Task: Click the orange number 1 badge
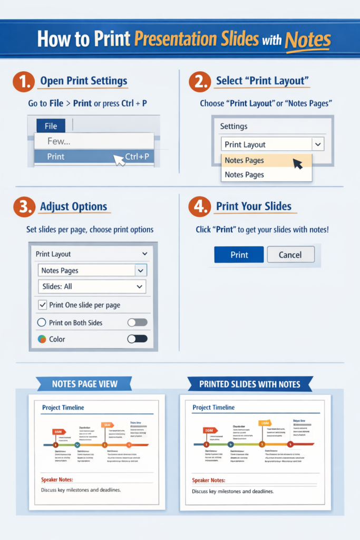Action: click(x=23, y=81)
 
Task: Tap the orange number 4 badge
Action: click(x=199, y=207)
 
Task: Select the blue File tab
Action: click(x=51, y=126)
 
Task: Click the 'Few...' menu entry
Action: click(x=59, y=141)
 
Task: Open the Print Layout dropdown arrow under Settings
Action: click(x=317, y=144)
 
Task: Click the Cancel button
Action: click(x=290, y=255)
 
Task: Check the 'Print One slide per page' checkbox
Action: click(x=42, y=305)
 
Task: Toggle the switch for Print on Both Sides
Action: click(x=138, y=322)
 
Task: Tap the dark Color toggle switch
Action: click(x=138, y=339)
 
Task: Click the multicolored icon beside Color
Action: click(x=42, y=339)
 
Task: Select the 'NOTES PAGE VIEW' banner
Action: click(x=84, y=384)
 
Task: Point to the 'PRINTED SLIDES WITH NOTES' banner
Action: click(x=250, y=384)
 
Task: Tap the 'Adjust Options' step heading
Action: click(x=73, y=207)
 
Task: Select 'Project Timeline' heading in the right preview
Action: click(x=213, y=408)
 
